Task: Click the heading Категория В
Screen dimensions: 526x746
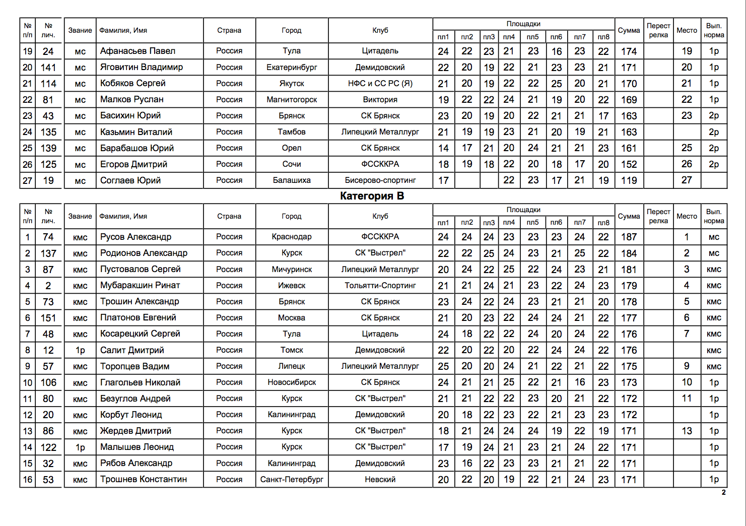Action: pos(372,196)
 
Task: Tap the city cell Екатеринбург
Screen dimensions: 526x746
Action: pos(292,67)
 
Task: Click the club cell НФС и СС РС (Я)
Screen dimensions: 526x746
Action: pos(380,83)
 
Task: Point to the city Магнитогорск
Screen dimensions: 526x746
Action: pos(292,99)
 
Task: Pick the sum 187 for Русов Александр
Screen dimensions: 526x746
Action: pos(629,237)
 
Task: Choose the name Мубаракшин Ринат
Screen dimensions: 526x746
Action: pos(140,285)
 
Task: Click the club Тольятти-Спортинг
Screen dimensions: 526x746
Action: pos(380,285)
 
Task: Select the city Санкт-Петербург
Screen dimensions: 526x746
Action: pos(292,479)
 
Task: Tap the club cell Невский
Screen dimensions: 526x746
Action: pos(380,479)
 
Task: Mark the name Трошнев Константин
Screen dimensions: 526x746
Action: pos(144,479)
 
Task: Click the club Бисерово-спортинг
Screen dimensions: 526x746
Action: pos(380,180)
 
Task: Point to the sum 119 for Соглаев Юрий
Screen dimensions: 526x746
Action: pos(629,180)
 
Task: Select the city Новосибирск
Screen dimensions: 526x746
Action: pos(292,382)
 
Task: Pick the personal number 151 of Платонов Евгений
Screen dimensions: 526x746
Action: pos(48,318)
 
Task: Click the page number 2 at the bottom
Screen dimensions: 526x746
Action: pos(724,492)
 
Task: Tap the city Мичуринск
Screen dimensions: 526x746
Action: pos(292,269)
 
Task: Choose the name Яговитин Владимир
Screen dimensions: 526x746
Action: pos(142,67)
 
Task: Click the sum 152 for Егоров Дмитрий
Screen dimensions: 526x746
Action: pos(629,164)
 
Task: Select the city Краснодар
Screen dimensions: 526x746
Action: pos(292,237)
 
